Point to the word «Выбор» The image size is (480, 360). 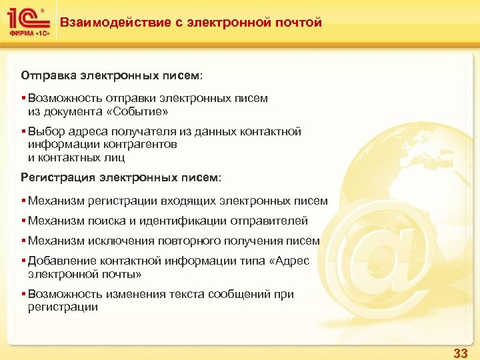pyautogui.click(x=44, y=131)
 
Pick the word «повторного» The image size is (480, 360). pyautogui.click(x=209, y=241)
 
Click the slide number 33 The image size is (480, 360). pyautogui.click(x=460, y=352)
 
